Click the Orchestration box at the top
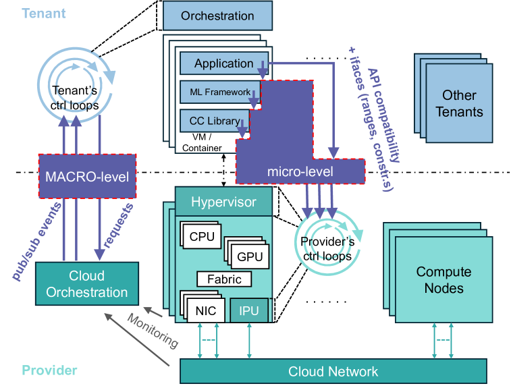(217, 15)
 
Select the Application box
(223, 63)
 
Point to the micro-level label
(300, 172)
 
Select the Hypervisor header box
(224, 201)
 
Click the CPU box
(202, 236)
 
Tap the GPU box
(249, 256)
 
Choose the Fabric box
(224, 279)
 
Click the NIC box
(205, 311)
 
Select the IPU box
(249, 311)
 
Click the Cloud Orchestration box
(87, 284)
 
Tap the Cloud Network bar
(333, 371)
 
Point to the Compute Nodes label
(443, 280)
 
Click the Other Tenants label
(459, 103)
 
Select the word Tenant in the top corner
(43, 13)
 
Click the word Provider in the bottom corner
(49, 370)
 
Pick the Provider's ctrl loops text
(326, 249)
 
